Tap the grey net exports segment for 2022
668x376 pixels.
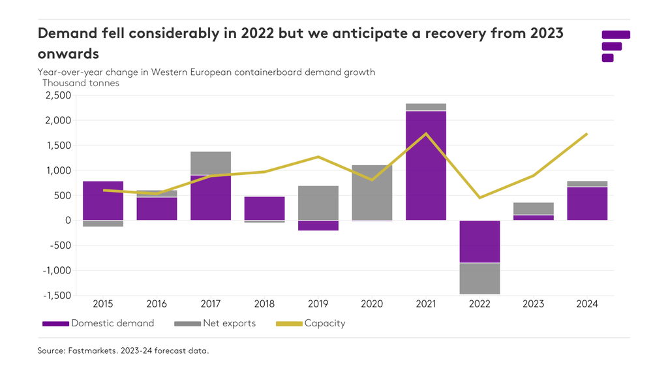[x=479, y=279]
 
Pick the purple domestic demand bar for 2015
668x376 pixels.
[x=103, y=200]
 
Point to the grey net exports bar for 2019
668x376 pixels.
[x=318, y=203]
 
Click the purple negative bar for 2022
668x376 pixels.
[x=479, y=242]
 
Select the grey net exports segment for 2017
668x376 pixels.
[x=211, y=163]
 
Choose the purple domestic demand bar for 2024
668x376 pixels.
[x=587, y=204]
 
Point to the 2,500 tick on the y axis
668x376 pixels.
[x=57, y=95]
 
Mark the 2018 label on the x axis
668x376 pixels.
[x=264, y=304]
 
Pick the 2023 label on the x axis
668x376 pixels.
[x=534, y=304]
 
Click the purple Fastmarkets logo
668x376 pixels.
[x=615, y=46]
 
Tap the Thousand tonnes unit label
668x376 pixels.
[x=81, y=83]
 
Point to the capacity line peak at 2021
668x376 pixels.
[x=426, y=134]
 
